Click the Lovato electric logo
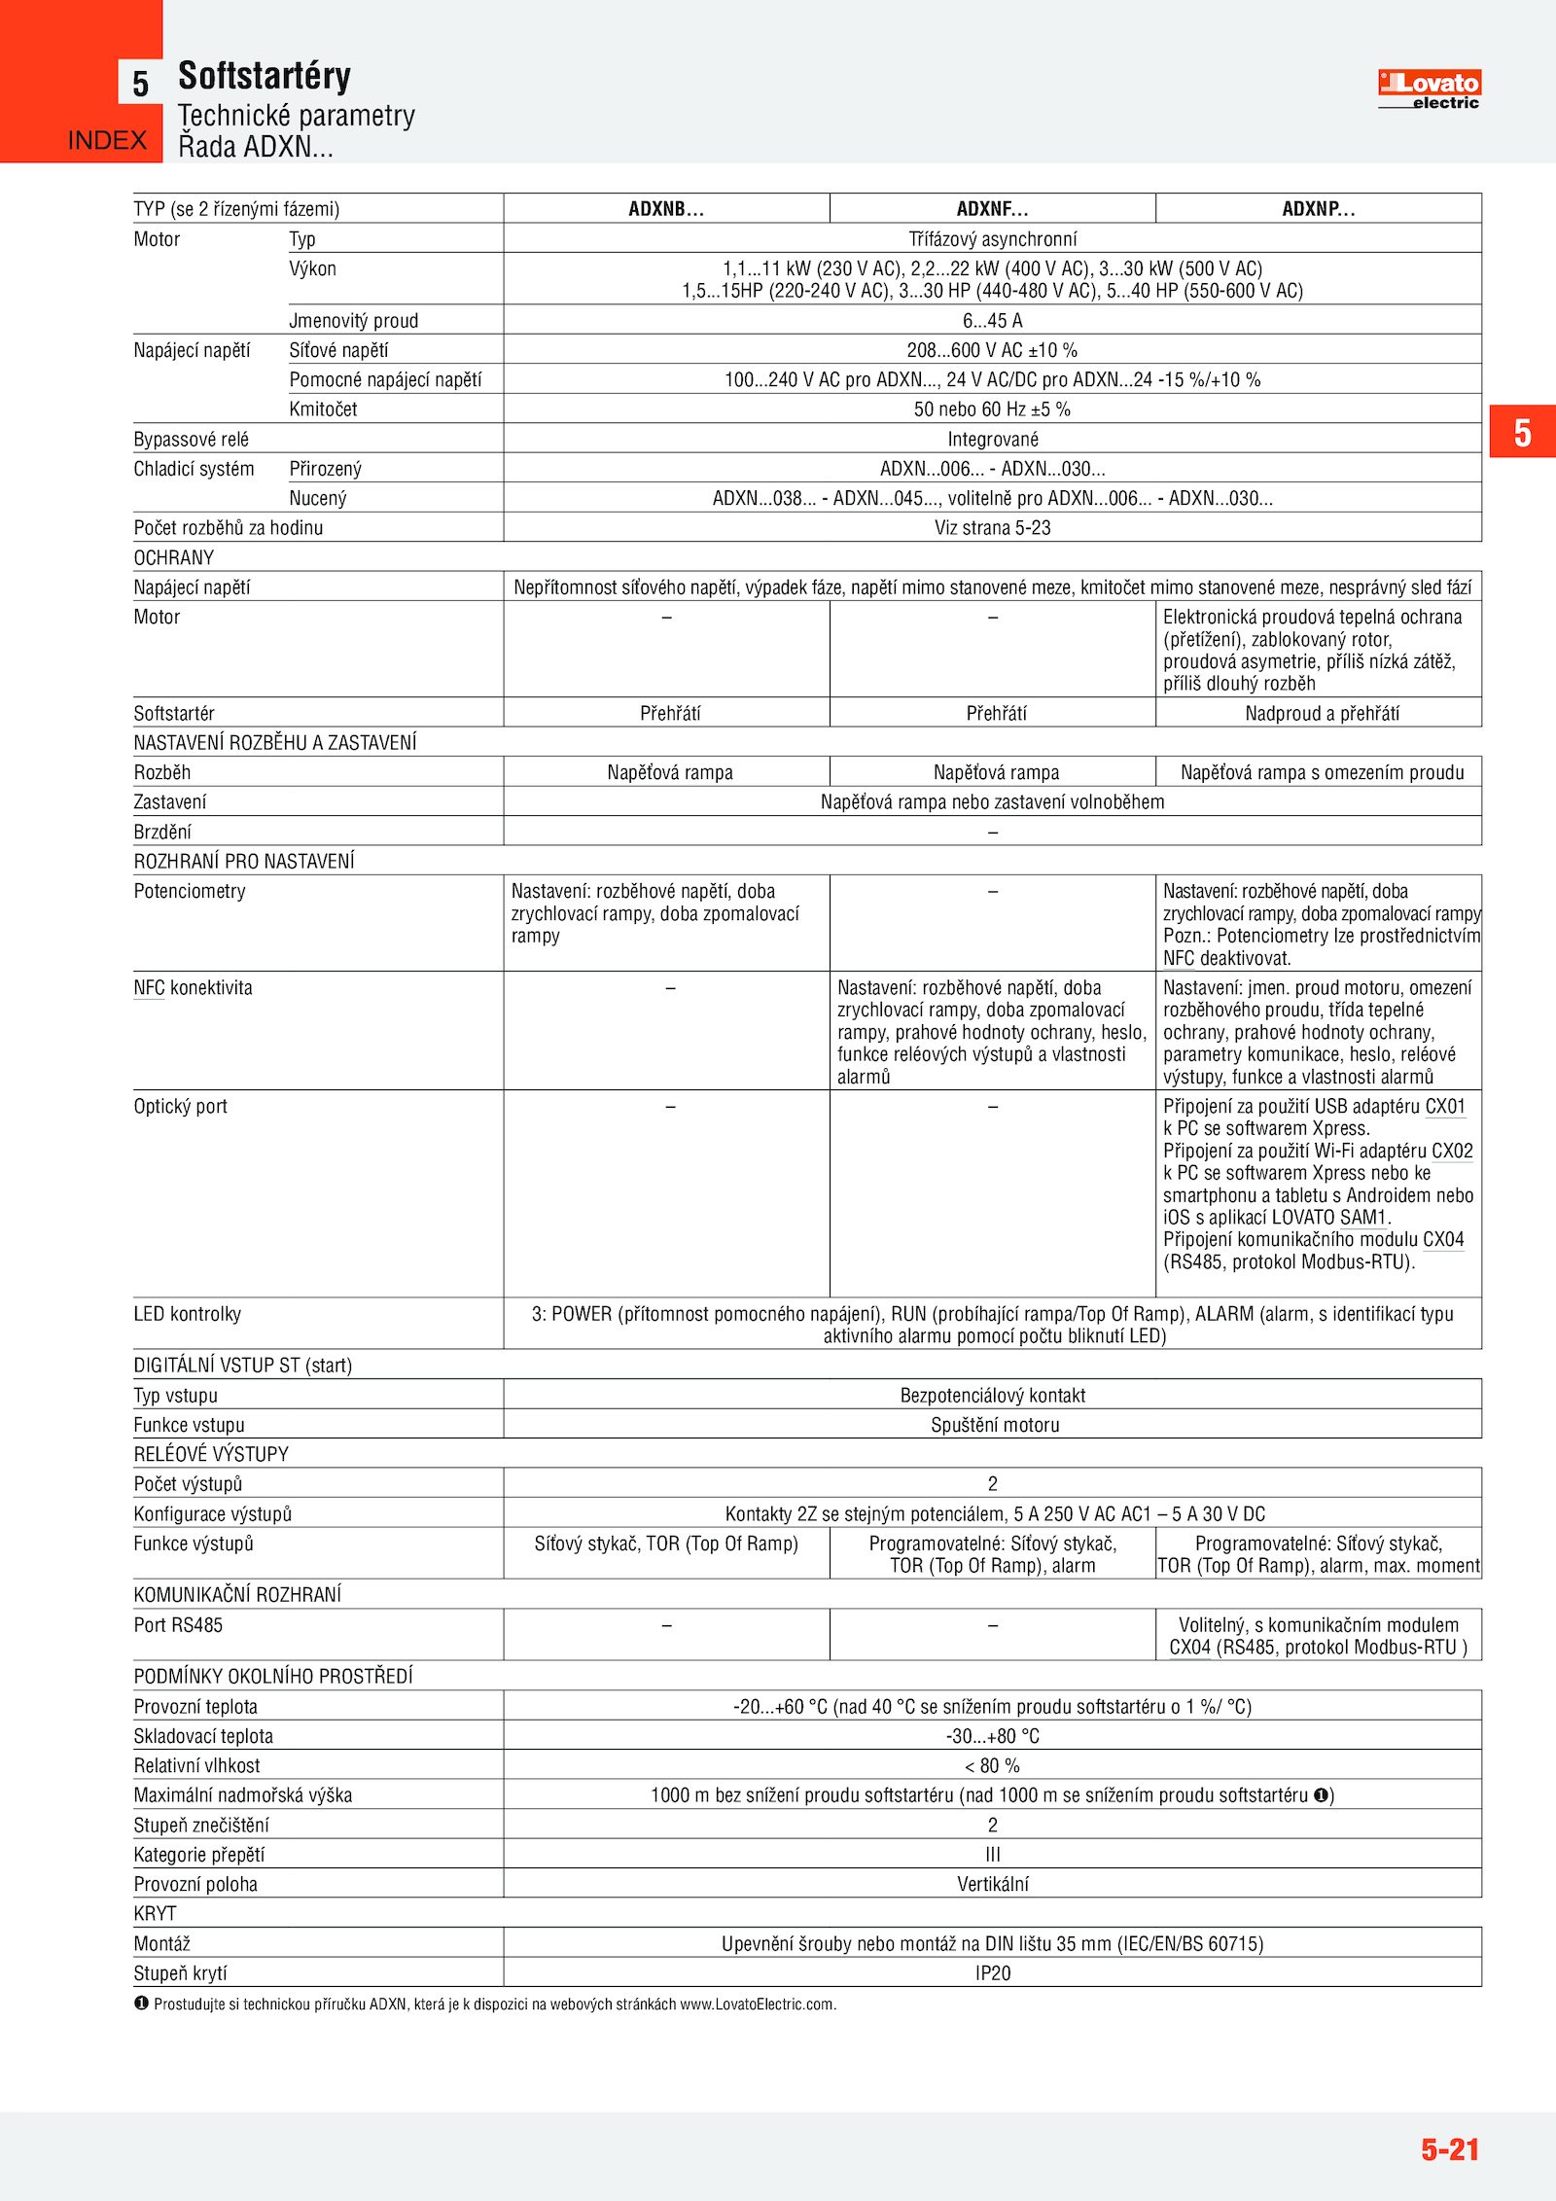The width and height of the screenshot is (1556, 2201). tap(1428, 89)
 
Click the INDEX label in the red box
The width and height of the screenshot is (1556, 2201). tap(107, 141)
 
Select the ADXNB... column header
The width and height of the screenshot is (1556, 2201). tap(666, 209)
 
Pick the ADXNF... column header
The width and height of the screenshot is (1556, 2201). tap(992, 209)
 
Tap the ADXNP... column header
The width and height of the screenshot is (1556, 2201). tap(1318, 209)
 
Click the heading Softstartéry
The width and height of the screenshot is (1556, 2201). tap(264, 76)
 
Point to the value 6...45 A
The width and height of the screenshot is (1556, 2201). tap(992, 321)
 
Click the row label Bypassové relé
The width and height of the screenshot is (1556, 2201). tap(191, 440)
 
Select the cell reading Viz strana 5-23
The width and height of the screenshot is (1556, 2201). tap(992, 528)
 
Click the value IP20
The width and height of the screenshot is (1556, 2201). tap(992, 1973)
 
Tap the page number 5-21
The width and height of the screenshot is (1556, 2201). tap(1449, 2149)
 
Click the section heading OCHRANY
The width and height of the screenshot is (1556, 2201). tap(173, 558)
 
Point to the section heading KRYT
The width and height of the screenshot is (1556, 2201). tap(155, 1914)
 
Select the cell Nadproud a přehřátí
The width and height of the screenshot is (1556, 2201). tap(1322, 714)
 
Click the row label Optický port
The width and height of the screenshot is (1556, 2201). tap(180, 1107)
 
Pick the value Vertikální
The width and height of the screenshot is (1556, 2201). tap(992, 1885)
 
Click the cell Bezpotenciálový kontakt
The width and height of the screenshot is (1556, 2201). tap(992, 1396)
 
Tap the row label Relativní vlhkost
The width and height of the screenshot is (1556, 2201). tap(196, 1766)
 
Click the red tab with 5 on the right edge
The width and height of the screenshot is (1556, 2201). tap(1522, 432)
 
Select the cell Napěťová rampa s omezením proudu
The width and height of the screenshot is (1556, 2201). tap(1322, 773)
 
